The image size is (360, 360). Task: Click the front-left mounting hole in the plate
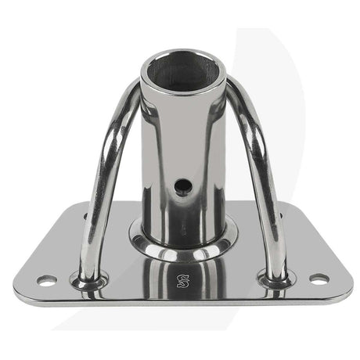45,279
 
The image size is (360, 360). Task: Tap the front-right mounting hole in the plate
318,278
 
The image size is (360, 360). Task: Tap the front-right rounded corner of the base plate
344,293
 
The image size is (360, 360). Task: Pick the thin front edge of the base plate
183,304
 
